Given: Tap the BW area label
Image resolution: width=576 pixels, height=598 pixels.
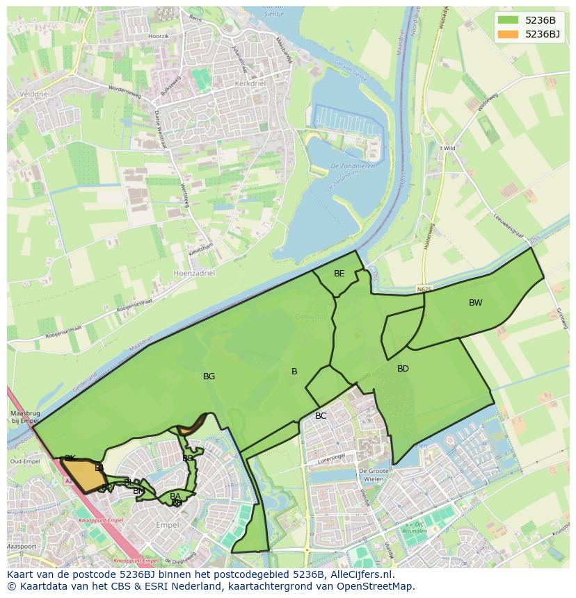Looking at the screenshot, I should [475, 303].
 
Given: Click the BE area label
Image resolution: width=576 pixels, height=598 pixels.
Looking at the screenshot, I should [339, 274].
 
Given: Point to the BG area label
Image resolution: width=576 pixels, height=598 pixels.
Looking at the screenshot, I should [209, 376].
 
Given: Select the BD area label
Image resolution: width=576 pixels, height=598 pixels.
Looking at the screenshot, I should [403, 369].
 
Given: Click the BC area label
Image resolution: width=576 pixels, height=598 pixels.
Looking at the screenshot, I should [321, 416].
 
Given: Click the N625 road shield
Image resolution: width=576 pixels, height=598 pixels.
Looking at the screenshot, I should [425, 288].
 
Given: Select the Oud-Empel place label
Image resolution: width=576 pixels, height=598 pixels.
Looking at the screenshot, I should [24, 462].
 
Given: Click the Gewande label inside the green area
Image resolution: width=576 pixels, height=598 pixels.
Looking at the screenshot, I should [310, 317].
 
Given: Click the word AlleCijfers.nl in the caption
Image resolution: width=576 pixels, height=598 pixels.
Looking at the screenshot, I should [359, 574].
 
